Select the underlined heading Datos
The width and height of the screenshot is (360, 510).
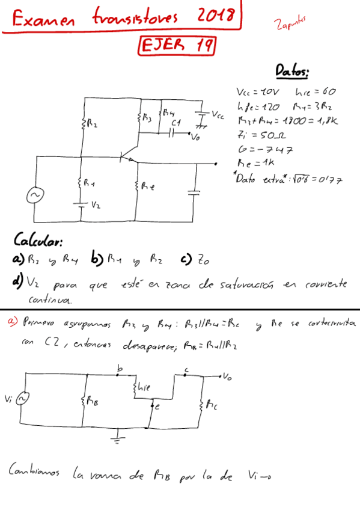pos(292,72)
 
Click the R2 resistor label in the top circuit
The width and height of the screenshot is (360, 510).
pos(90,125)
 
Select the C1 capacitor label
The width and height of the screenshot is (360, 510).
pos(176,123)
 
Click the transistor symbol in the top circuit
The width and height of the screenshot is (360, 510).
pos(128,158)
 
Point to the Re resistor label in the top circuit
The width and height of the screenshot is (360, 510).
pos(148,187)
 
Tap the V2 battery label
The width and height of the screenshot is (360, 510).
pos(96,205)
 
